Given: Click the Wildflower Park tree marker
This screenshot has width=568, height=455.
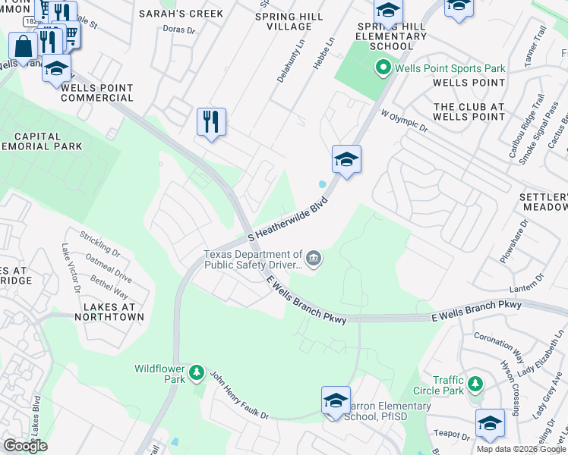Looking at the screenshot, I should pos(197,372).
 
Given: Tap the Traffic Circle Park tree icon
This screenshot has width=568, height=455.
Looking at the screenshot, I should pos(475,384).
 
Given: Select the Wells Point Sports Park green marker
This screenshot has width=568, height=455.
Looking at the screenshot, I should pos(384,69).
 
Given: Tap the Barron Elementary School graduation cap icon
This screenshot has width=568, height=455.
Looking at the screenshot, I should pos(336,401).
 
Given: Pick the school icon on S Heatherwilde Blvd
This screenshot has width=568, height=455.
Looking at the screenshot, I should pos(346,159).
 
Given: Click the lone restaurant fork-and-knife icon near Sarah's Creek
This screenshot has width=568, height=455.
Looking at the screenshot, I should pos(211,121).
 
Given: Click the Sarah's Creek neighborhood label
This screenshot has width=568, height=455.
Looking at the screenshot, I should pos(181,14).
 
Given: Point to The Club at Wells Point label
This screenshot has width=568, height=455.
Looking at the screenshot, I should pos(469,111).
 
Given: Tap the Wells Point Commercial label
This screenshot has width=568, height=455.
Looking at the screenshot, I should pos(97,93).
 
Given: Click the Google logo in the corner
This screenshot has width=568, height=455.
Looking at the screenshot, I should pos(26,445).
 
